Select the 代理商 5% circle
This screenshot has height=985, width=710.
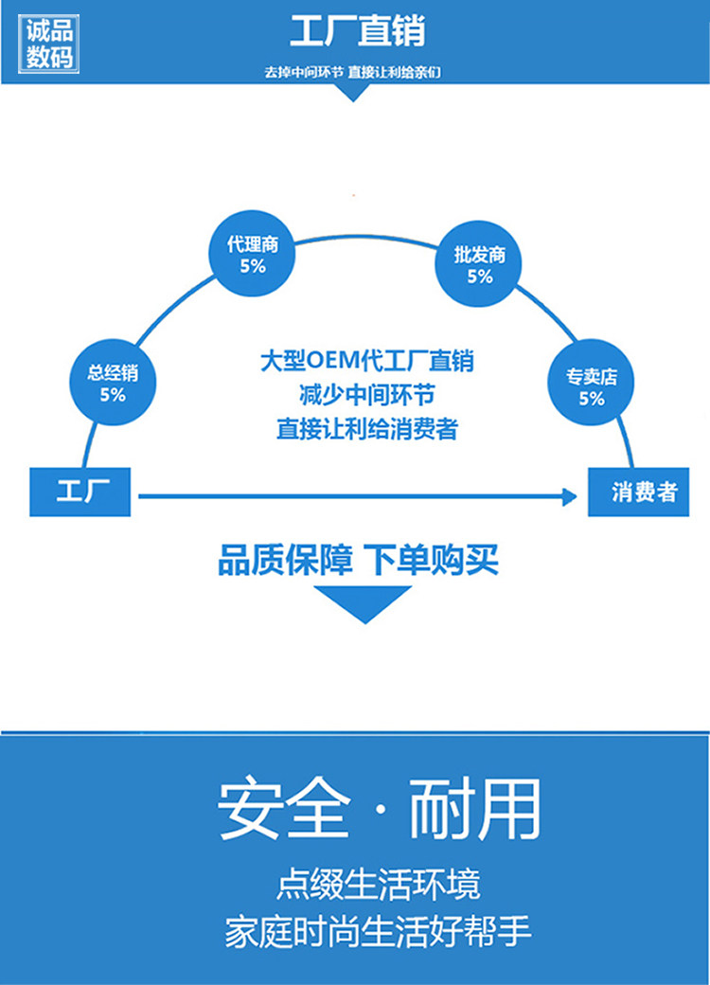pyautogui.click(x=252, y=254)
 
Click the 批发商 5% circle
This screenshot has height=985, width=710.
pyautogui.click(x=479, y=265)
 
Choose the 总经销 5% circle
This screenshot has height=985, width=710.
pyautogui.click(x=113, y=383)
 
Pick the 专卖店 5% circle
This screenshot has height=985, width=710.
pyautogui.click(x=592, y=386)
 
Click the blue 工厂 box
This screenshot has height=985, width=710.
pyautogui.click(x=80, y=492)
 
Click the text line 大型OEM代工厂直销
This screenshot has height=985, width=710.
pyautogui.click(x=366, y=361)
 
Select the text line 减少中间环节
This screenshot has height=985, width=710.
pyautogui.click(x=366, y=394)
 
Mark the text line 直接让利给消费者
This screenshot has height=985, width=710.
pyautogui.click(x=366, y=428)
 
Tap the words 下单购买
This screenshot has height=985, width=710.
pyautogui.click(x=432, y=560)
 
